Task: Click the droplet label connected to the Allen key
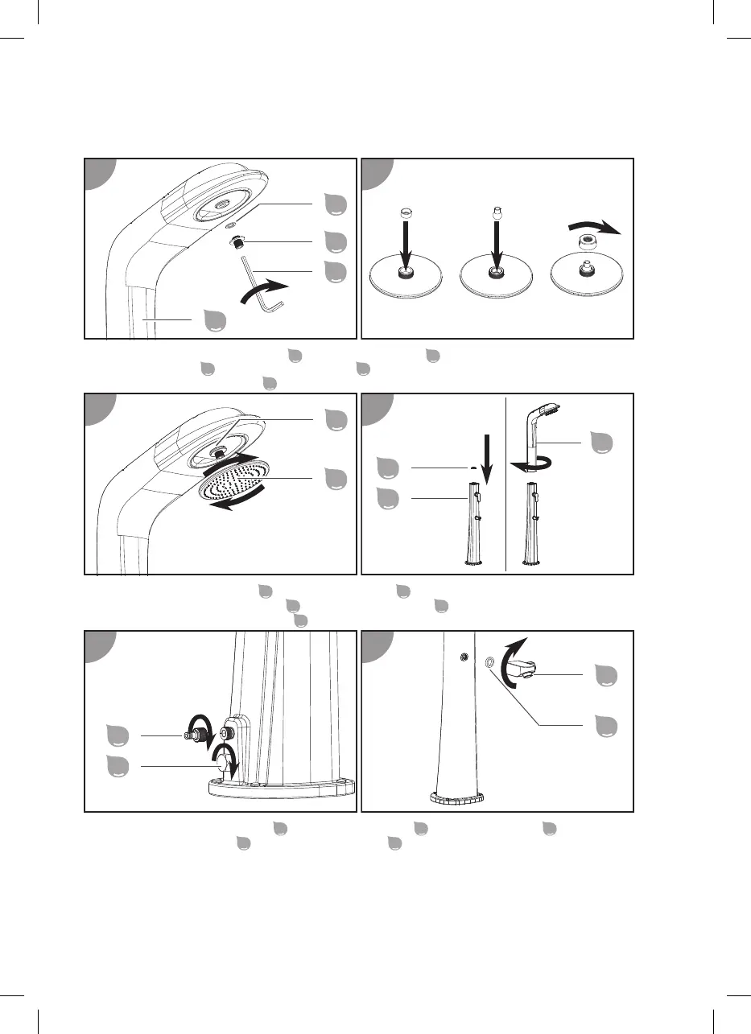click(x=333, y=271)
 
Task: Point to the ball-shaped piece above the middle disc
click(x=496, y=216)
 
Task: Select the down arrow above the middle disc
click(x=496, y=245)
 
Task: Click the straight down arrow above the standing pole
click(x=485, y=454)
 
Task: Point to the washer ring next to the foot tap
click(x=489, y=663)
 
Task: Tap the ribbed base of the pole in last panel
click(x=456, y=799)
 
